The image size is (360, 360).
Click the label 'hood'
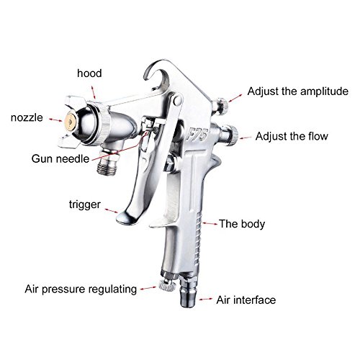coord(89,73)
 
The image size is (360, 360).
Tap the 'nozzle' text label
coord(27,117)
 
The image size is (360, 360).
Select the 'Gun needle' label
coord(60,159)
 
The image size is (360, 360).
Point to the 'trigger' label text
coord(85,204)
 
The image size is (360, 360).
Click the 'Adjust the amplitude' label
coord(298,91)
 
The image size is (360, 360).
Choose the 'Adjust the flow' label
coord(292,136)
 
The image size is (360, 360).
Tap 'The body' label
coord(242,224)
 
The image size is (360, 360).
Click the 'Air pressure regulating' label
coord(81,289)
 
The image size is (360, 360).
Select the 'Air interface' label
coord(246,300)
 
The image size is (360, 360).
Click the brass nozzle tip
coord(71,122)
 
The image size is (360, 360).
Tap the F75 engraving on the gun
coord(197,135)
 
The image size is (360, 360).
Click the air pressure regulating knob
coord(167,286)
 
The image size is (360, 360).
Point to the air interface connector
coord(189,292)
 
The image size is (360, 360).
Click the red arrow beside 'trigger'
coord(112,210)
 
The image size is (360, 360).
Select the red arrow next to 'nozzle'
coord(55,120)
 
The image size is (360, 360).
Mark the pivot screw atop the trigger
coord(177,100)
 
